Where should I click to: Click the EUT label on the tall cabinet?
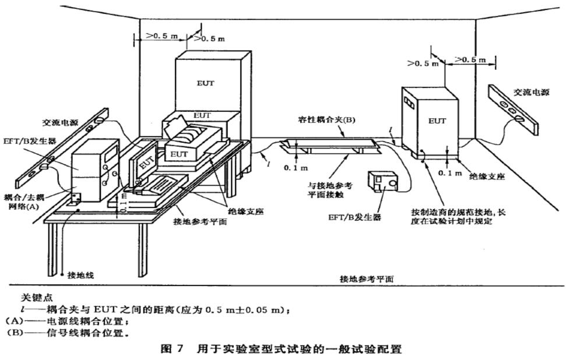coord(205,83)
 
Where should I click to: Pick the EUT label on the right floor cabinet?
coord(437,121)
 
